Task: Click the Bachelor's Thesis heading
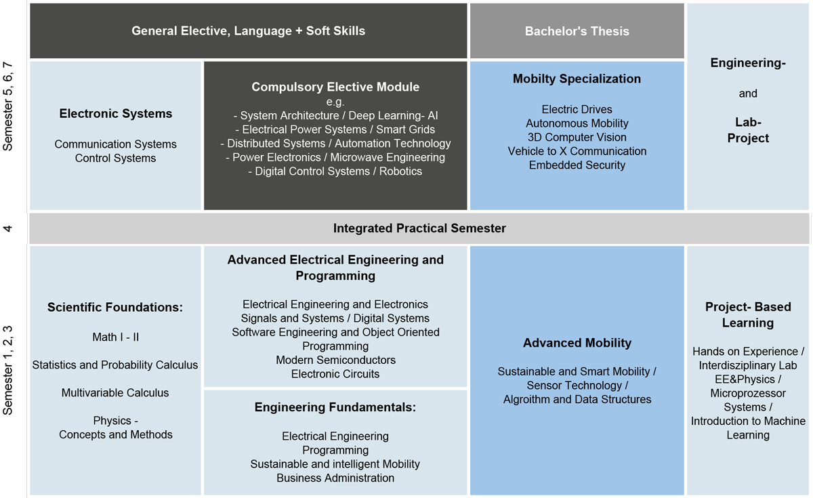coord(577,31)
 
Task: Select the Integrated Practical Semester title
coord(419,228)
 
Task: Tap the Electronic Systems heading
coord(116,114)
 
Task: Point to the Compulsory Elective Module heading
coord(335,87)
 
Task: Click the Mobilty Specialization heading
coord(577,79)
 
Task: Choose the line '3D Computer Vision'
coord(577,137)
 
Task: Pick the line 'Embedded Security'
coord(577,165)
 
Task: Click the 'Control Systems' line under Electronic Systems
coord(115,159)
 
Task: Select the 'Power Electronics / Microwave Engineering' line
coord(335,157)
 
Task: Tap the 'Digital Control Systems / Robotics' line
coord(335,171)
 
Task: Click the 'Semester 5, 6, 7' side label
coord(7,106)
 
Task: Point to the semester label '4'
coord(7,228)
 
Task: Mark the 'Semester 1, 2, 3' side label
coord(7,370)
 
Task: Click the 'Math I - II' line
coord(115,337)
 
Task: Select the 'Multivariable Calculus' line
coord(115,393)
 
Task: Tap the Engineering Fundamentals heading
coord(335,407)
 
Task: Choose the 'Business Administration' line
coord(335,478)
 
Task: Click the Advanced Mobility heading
coord(577,343)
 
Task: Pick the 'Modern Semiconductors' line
coord(335,360)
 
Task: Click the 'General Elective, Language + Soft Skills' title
coord(248,31)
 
